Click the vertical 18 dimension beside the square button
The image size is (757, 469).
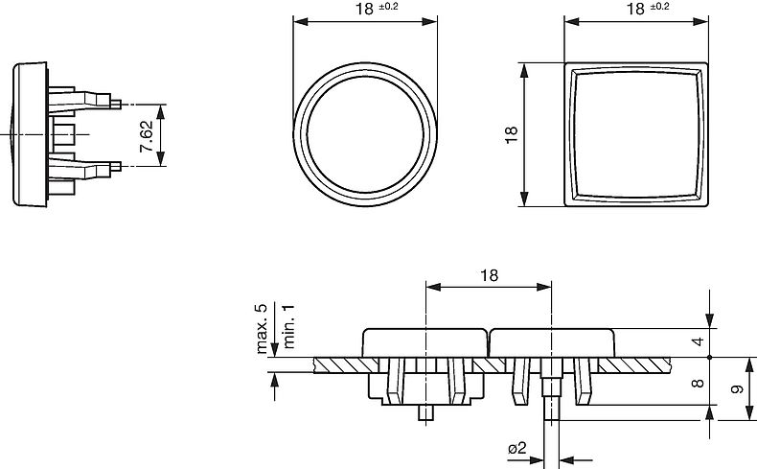pyautogui.click(x=512, y=134)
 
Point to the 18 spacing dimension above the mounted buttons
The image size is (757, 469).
pyautogui.click(x=488, y=276)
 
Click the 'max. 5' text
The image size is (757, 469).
pyautogui.click(x=261, y=329)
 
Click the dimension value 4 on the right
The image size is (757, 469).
pyautogui.click(x=699, y=341)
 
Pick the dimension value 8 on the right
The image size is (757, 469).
pyautogui.click(x=699, y=382)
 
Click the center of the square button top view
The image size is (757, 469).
pyautogui.click(x=636, y=134)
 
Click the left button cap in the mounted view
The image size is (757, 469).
pyautogui.click(x=425, y=341)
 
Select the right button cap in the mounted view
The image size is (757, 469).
pyautogui.click(x=551, y=341)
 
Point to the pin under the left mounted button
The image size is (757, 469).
pyautogui.click(x=426, y=413)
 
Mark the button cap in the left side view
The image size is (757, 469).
pyautogui.click(x=28, y=134)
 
